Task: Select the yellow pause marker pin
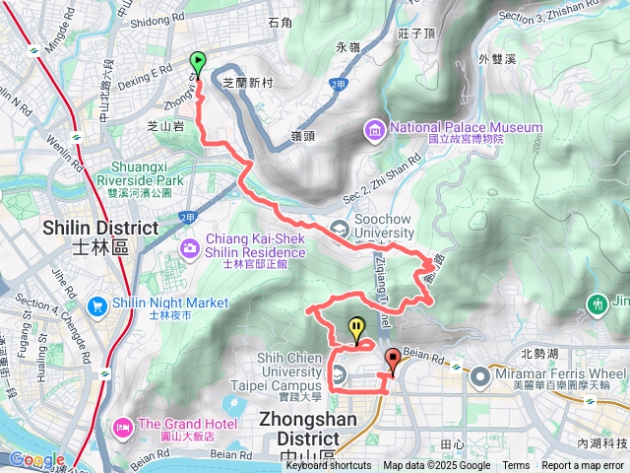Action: (x=355, y=329)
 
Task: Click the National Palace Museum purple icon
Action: (x=375, y=128)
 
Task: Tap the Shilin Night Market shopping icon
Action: (x=97, y=306)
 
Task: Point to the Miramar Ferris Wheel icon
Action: (x=479, y=374)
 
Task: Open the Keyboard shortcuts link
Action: (x=329, y=466)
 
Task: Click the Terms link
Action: (x=516, y=466)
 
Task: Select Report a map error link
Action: (x=583, y=466)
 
